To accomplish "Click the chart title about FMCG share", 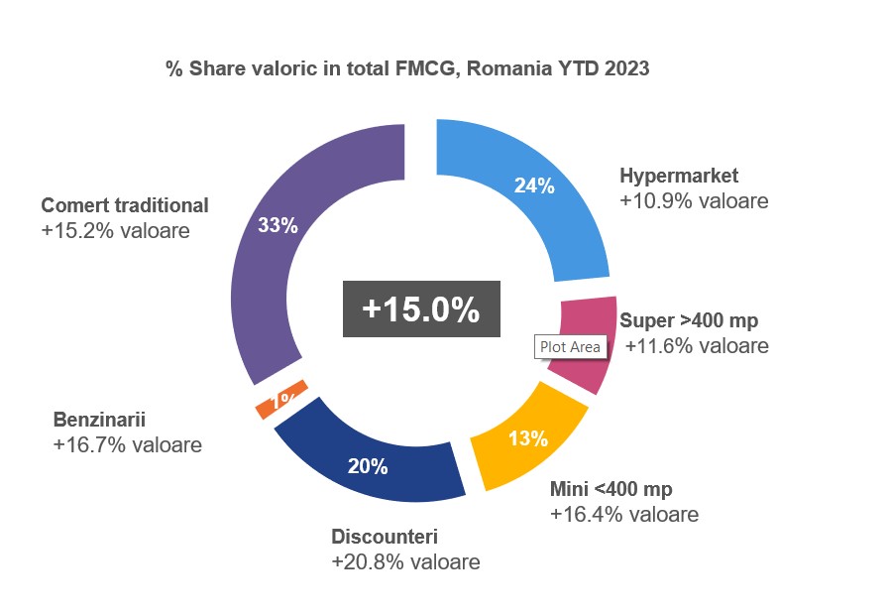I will coord(407,68).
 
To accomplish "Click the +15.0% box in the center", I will coord(421,308).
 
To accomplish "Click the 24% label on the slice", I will coord(533,185).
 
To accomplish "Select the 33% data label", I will coord(278,225).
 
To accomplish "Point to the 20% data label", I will coord(368,466).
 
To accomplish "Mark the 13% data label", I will coord(528,437).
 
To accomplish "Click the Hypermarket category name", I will coord(679,177).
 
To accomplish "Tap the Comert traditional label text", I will coord(125,205).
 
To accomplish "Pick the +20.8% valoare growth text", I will coord(405,562).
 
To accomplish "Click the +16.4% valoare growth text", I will coord(623,514).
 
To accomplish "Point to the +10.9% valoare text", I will coord(694,200).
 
